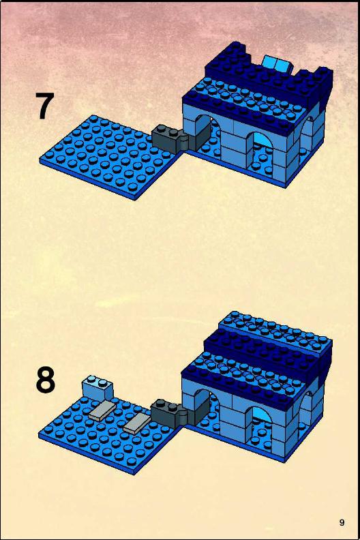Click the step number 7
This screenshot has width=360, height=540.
point(45,106)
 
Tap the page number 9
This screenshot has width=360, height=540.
point(342,522)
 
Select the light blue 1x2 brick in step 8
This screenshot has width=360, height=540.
point(97,388)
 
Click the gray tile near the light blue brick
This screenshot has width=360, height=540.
point(102,411)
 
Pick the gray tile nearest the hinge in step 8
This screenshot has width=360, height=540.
point(137,423)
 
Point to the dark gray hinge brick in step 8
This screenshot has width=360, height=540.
point(170,412)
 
